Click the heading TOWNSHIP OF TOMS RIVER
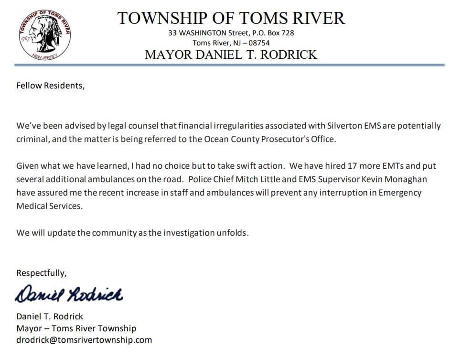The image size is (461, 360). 231,18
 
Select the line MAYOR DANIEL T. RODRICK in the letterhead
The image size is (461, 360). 231,55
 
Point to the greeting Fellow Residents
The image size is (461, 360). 50,86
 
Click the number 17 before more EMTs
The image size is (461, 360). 346,166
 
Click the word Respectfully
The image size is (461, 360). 42,273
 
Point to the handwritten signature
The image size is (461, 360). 69,294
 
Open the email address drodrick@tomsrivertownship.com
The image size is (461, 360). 84,340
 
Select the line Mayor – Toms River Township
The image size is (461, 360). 76,328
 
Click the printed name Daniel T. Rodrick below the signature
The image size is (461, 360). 50,316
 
